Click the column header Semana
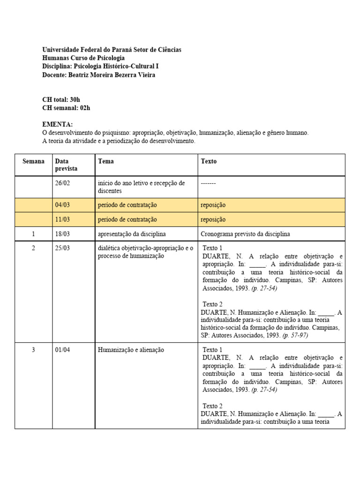pyautogui.click(x=33, y=161)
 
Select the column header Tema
pyautogui.click(x=106, y=161)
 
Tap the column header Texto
pyautogui.click(x=209, y=161)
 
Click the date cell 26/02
pyautogui.click(x=62, y=183)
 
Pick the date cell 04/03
pyautogui.click(x=62, y=205)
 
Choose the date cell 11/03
pyautogui.click(x=62, y=219)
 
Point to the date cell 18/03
pyautogui.click(x=62, y=234)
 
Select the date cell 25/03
pyautogui.click(x=62, y=248)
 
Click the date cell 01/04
pyautogui.click(x=62, y=350)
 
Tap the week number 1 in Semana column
pyautogui.click(x=33, y=234)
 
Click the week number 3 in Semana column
pyautogui.click(x=33, y=350)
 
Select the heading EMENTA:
pyautogui.click(x=58, y=125)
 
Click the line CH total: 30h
pyautogui.click(x=61, y=100)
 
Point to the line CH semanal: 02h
pyautogui.click(x=66, y=108)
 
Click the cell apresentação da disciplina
pyautogui.click(x=132, y=234)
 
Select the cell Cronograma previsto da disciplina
pyautogui.click(x=245, y=234)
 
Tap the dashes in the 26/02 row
pyautogui.click(x=208, y=183)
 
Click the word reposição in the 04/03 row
pyautogui.click(x=213, y=205)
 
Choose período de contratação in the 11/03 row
pyautogui.click(x=127, y=219)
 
